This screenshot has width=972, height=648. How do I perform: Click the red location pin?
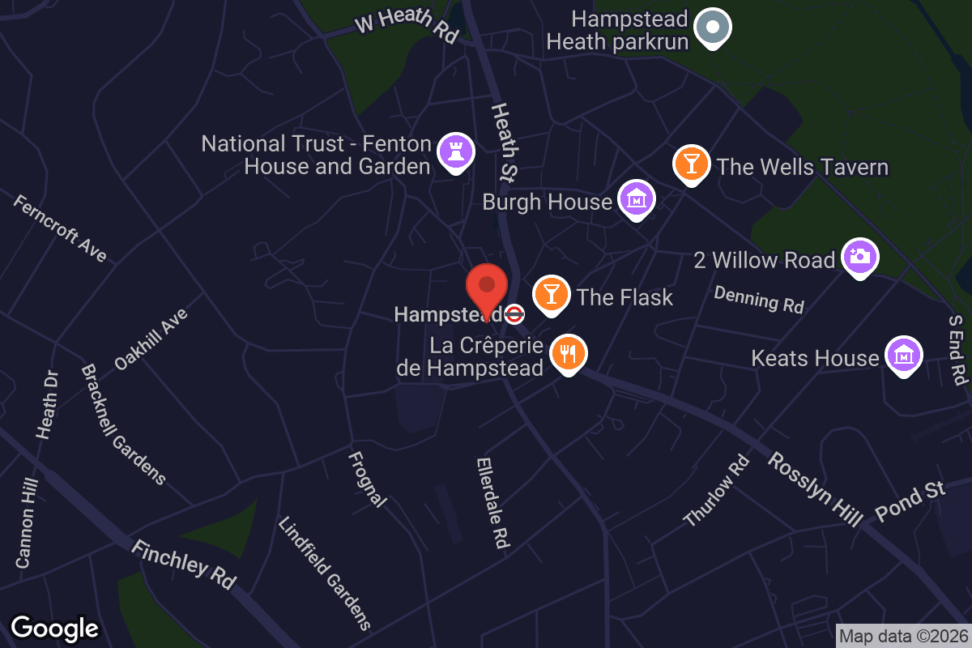click(487, 288)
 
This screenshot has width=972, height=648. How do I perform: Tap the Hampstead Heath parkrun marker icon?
click(713, 27)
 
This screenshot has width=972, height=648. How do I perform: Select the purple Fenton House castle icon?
click(455, 151)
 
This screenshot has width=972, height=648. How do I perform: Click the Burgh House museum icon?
click(637, 198)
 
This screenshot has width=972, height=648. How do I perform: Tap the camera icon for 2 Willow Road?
click(860, 257)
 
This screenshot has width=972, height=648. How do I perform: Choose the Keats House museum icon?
click(903, 355)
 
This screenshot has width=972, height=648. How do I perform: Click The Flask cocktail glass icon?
click(552, 293)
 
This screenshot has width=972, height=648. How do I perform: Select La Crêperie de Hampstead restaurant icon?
click(569, 354)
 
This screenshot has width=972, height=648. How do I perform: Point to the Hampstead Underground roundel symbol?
click(514, 314)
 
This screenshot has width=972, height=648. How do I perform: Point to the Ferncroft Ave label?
click(60, 228)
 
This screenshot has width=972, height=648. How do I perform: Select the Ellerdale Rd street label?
click(492, 503)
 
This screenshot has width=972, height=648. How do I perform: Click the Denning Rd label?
click(759, 300)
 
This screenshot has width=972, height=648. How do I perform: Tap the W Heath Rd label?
click(407, 26)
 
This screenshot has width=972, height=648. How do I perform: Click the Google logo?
click(54, 628)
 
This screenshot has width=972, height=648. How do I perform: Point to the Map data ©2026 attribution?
click(902, 637)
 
